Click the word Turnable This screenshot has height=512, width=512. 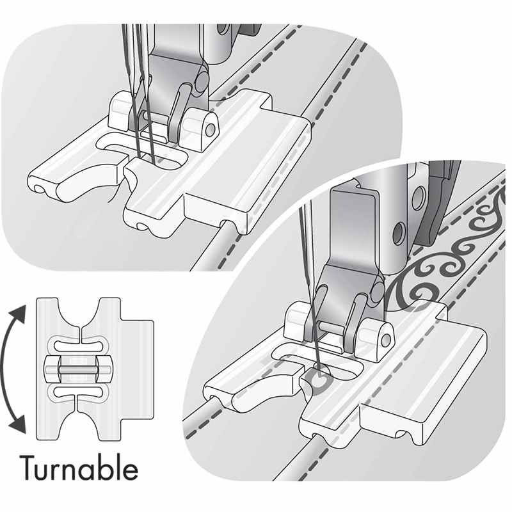[x=79, y=469]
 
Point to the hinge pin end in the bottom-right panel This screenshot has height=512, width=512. [x=385, y=337]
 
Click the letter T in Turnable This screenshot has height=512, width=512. [x=29, y=469]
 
